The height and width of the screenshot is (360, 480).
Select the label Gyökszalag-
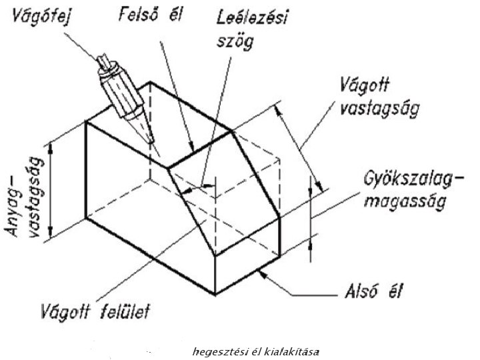404,180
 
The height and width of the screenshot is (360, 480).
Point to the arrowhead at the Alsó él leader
260,273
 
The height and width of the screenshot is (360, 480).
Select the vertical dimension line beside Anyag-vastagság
50,189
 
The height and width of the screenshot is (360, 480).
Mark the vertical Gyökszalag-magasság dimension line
310,217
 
